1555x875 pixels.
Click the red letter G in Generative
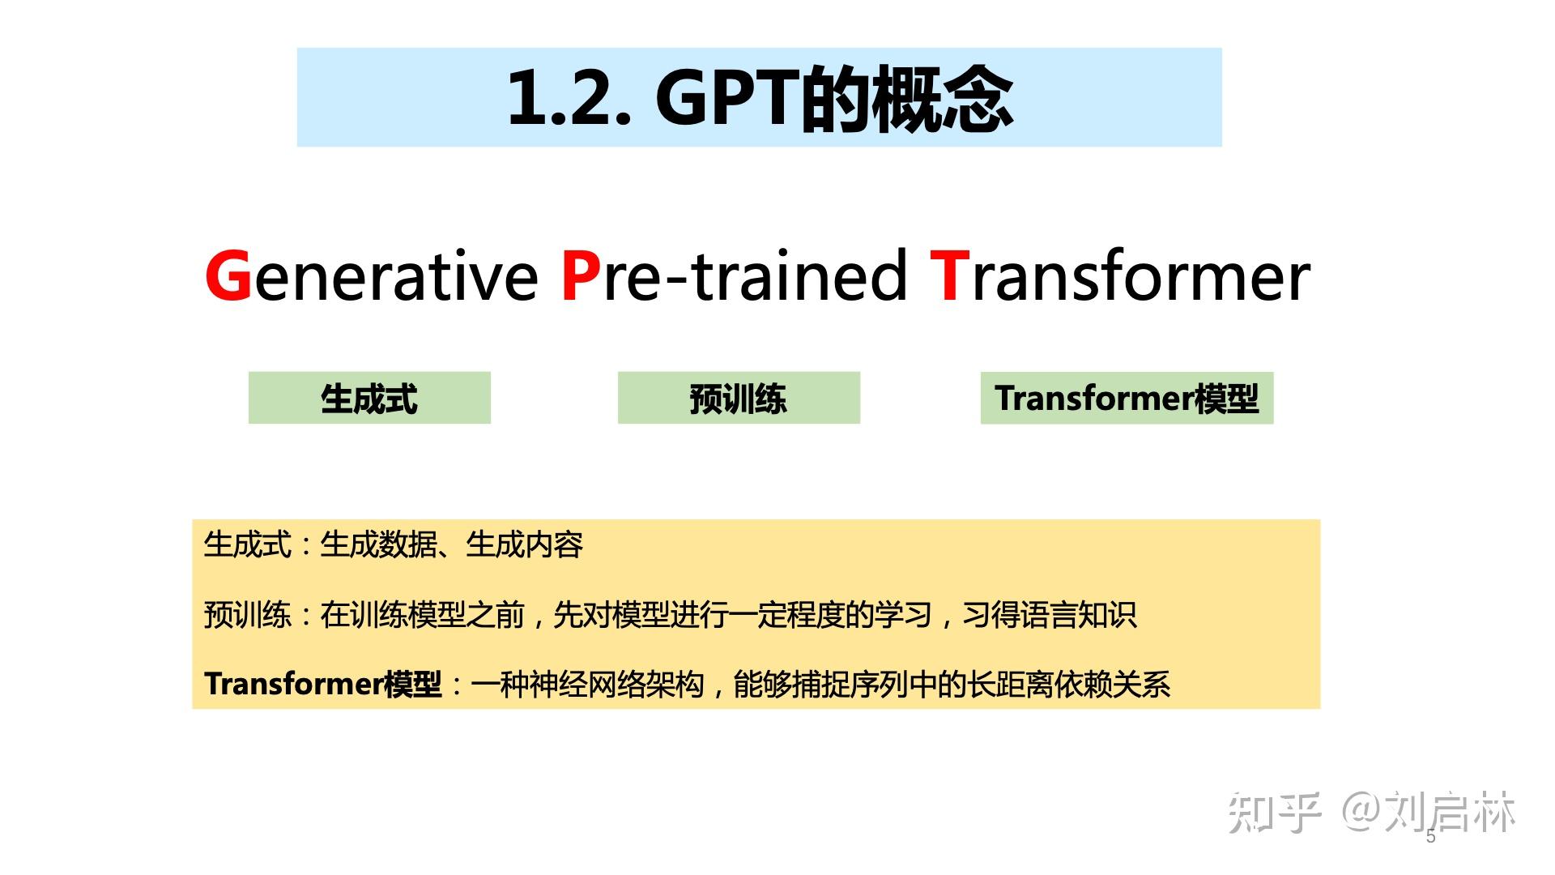click(229, 275)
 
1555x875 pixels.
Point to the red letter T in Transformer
click(950, 275)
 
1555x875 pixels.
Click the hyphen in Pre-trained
click(677, 280)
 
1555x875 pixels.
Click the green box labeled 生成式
click(369, 398)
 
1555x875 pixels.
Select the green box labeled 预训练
click(739, 398)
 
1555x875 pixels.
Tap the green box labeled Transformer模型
click(1127, 398)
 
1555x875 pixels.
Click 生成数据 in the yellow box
click(378, 544)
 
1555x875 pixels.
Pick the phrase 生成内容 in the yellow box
click(525, 544)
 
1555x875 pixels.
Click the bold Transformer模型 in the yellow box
click(323, 685)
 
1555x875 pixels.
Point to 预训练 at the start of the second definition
click(248, 615)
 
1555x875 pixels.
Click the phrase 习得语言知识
click(1050, 615)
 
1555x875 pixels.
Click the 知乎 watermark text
click(1275, 812)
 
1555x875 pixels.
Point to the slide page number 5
click(1431, 837)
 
